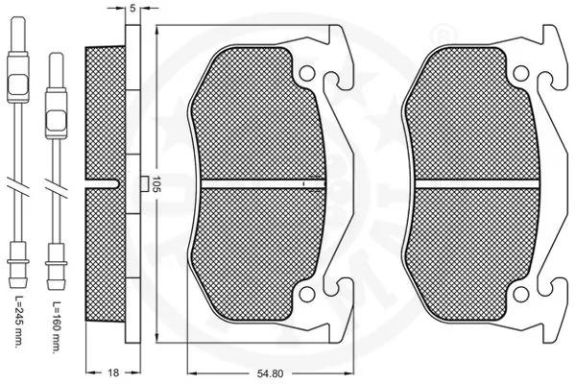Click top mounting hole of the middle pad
point(306,75)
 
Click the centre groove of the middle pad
point(259,182)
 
